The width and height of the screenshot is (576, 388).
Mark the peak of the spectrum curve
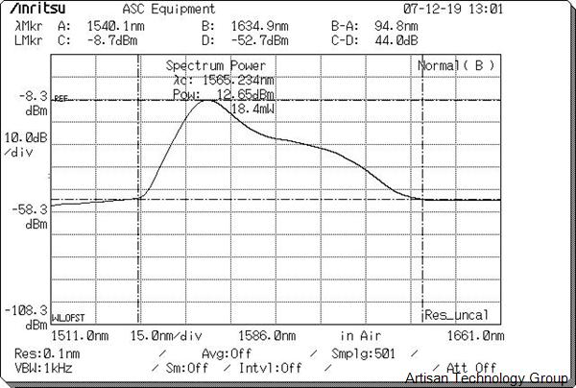coord(205,99)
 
